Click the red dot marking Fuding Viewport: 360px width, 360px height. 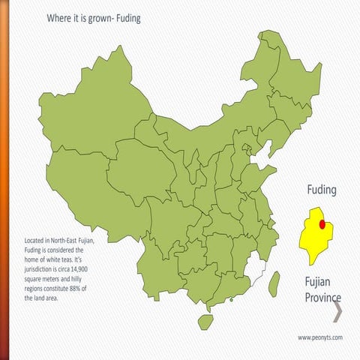click(x=322, y=223)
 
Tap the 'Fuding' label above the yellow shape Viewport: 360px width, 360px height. click(x=321, y=190)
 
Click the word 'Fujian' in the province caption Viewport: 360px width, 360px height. click(x=318, y=283)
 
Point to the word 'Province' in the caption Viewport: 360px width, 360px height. click(x=322, y=298)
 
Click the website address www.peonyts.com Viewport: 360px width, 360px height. click(x=320, y=338)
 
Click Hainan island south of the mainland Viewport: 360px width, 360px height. click(x=205, y=320)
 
